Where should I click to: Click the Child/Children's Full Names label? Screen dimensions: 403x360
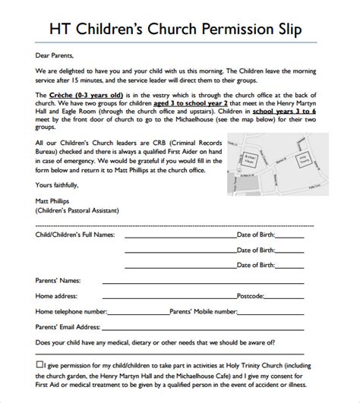tap(76, 235)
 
